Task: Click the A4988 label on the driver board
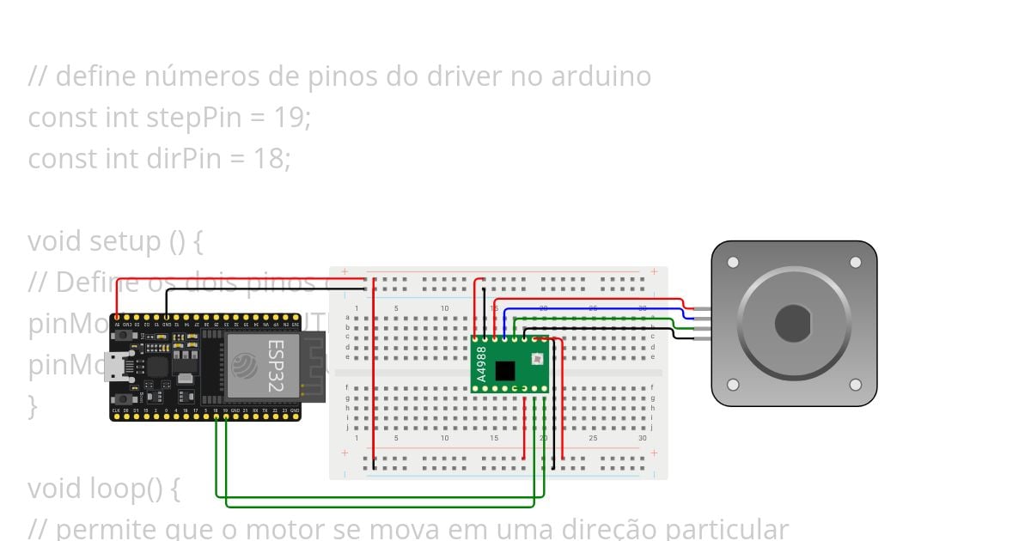pos(481,363)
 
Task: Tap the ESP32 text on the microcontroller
pos(275,366)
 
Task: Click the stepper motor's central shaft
pos(793,323)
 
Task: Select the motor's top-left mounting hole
pos(733,262)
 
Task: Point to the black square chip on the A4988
pos(505,371)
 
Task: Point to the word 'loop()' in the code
pos(125,489)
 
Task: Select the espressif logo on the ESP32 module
pos(244,366)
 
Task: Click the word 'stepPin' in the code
pos(193,118)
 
